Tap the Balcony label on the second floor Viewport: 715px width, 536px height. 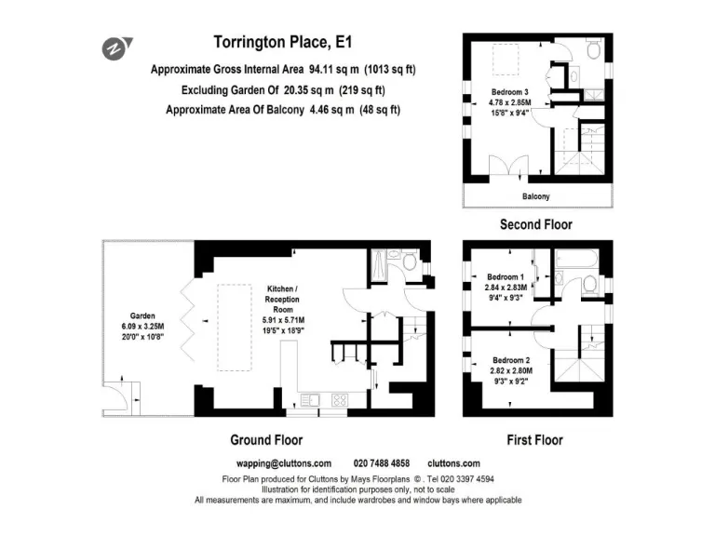(x=535, y=196)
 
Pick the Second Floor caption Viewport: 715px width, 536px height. (x=535, y=224)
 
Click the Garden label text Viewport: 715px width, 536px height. (x=142, y=315)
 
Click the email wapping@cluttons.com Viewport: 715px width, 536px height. (x=285, y=463)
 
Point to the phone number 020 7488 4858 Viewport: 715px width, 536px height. (x=382, y=463)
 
